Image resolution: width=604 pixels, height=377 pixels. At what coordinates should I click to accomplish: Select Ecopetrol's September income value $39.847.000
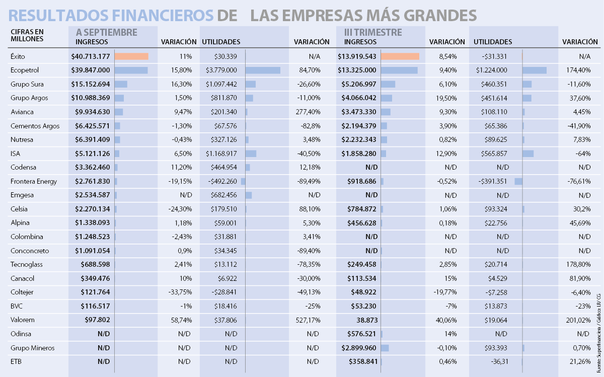(91, 70)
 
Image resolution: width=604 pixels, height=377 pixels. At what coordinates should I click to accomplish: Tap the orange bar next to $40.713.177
(131, 56)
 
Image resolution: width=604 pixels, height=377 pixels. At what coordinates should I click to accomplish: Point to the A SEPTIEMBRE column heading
(106, 33)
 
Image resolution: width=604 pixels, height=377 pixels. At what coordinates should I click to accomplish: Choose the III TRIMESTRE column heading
(373, 33)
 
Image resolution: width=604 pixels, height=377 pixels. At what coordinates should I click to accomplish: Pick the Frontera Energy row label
(34, 181)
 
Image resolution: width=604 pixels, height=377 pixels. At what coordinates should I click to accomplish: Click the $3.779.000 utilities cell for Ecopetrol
(221, 70)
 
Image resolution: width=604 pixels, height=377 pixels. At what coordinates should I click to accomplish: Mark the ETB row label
(16, 361)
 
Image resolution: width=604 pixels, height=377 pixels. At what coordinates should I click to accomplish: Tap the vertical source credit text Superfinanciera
(598, 345)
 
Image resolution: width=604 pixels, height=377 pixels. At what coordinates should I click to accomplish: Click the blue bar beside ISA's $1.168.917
(251, 154)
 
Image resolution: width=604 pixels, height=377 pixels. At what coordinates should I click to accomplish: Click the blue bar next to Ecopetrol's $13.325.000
(399, 70)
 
